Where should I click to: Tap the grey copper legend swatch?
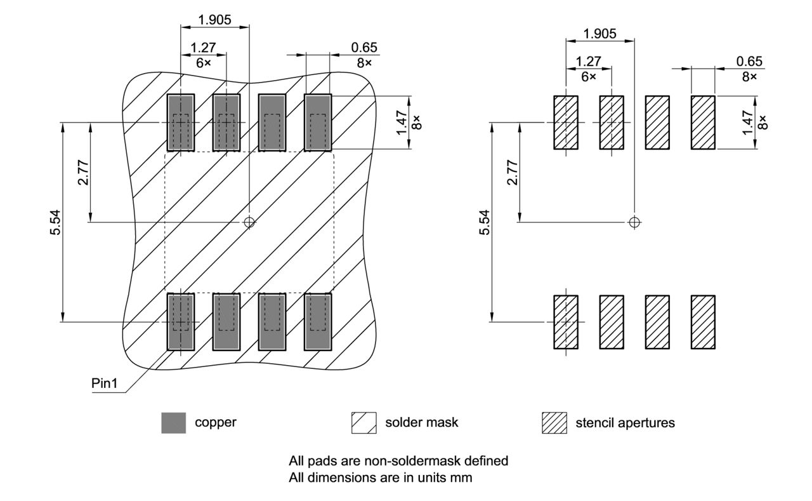174,423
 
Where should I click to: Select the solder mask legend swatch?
364,423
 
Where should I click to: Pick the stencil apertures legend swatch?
554,423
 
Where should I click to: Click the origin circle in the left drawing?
249,222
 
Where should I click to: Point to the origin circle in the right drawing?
634,222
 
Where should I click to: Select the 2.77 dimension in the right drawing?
513,172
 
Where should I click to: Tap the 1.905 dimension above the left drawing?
214,20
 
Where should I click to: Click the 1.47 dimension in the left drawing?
402,123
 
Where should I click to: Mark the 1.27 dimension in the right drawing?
588,62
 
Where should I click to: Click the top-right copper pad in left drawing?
318,123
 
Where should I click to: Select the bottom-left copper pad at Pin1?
181,322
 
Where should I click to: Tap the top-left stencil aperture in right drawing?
566,123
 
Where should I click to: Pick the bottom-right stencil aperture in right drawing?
703,322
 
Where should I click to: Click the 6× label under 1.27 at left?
204,63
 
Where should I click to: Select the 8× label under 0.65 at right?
749,76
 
